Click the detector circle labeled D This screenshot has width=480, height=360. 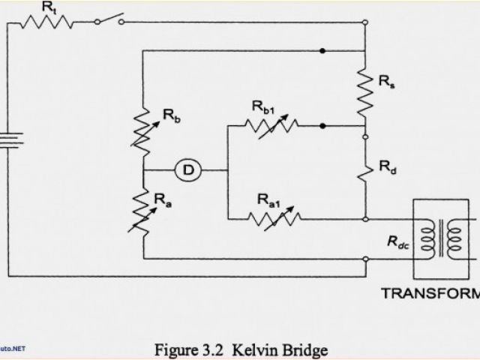pos(188,170)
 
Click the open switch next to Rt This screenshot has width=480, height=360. pos(109,19)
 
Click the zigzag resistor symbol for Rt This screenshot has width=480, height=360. pos(46,22)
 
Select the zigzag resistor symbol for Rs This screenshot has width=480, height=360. pos(364,88)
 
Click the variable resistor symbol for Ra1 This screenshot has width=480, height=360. pos(274,218)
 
